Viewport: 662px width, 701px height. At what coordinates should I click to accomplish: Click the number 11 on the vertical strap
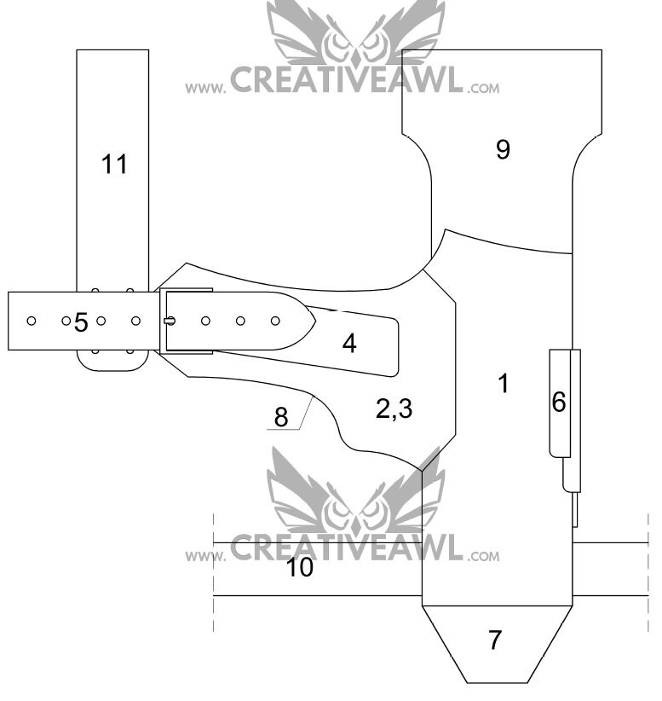point(114,164)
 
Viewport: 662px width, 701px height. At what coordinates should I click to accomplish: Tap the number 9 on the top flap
point(503,149)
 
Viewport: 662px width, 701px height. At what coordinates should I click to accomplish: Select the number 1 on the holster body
point(504,383)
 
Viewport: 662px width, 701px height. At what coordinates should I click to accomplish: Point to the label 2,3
point(394,408)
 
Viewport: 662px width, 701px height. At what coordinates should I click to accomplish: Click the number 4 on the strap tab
point(349,344)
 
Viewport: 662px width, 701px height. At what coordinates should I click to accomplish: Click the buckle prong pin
point(170,321)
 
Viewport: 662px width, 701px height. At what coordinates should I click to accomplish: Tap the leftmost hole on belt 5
point(32,321)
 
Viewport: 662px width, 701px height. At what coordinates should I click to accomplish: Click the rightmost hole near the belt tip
point(275,321)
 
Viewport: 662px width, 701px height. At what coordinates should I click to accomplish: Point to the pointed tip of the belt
point(316,321)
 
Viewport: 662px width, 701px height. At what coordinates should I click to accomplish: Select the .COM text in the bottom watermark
point(484,557)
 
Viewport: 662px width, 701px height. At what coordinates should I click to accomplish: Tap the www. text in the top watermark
point(205,88)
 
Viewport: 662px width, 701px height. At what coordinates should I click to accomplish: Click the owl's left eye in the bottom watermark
point(337,509)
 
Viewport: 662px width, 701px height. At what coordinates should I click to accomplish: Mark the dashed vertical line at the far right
point(648,573)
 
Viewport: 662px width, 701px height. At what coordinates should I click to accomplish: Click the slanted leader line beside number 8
point(307,413)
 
